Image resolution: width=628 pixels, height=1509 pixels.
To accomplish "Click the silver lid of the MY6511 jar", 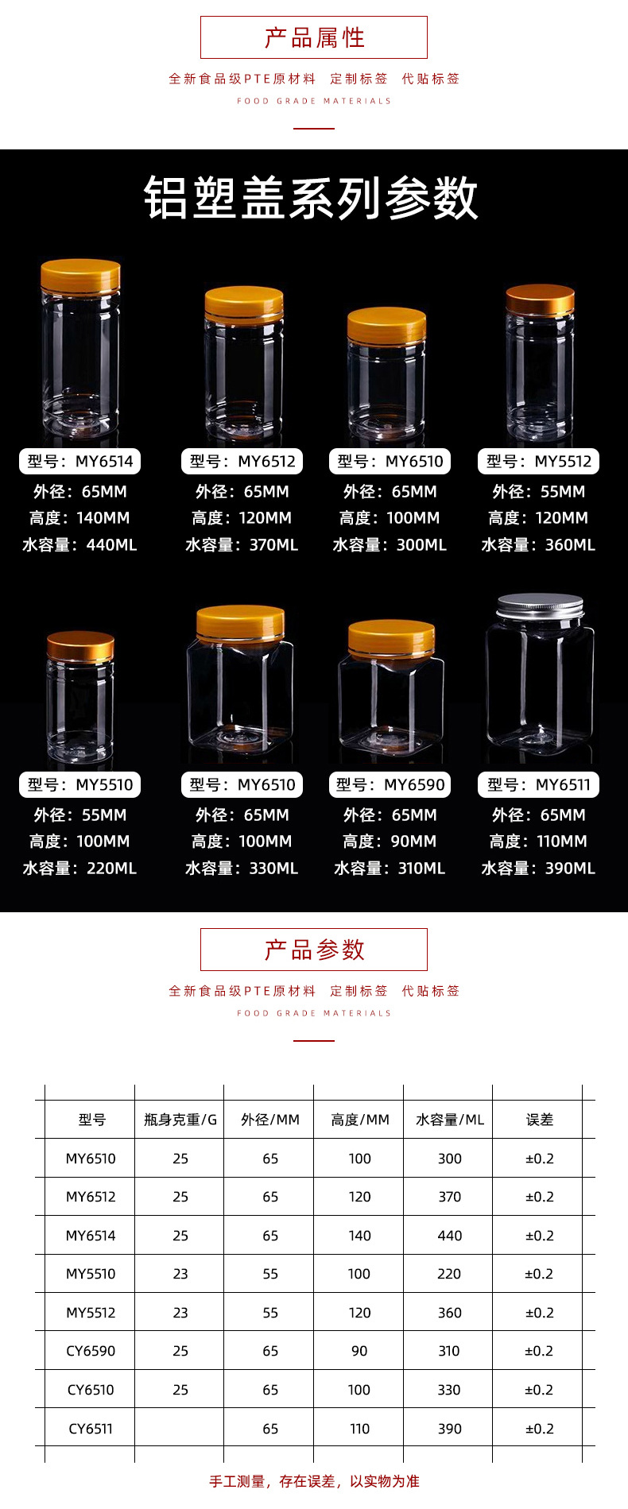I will [x=540, y=608].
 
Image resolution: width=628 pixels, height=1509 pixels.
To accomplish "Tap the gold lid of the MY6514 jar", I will [x=80, y=275].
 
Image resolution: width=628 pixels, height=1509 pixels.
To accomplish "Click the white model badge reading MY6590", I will [x=390, y=785].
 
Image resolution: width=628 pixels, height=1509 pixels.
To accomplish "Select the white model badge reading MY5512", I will [x=538, y=462].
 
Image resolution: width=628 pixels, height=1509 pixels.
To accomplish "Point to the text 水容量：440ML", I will [x=79, y=545].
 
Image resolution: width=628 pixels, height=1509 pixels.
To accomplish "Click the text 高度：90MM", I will [x=390, y=842].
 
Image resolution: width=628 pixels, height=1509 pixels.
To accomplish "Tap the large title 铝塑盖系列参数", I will [x=312, y=198].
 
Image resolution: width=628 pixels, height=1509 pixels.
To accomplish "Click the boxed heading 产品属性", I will [x=314, y=37].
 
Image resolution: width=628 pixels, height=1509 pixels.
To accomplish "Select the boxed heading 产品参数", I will [x=314, y=950].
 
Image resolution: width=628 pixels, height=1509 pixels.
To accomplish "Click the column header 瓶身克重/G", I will [x=180, y=1120].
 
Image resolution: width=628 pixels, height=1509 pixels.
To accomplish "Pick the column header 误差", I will [x=539, y=1120].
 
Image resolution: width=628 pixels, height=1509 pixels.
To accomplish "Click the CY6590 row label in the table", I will [x=91, y=1351].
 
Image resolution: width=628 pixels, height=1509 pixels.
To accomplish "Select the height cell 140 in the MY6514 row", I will [x=359, y=1236].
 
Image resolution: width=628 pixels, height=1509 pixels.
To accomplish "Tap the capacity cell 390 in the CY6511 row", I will [x=449, y=1429].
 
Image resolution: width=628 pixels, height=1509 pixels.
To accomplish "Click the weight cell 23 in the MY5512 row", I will [x=180, y=1313].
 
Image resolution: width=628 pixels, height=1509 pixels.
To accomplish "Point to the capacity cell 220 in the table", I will [x=449, y=1274].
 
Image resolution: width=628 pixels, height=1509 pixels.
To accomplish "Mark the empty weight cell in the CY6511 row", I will [x=180, y=1429].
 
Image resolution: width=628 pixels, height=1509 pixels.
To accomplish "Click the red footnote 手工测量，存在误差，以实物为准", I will [x=314, y=1481].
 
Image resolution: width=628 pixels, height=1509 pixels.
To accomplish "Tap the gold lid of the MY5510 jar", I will [x=80, y=646].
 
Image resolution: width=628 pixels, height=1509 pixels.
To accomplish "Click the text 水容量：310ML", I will [x=390, y=869].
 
